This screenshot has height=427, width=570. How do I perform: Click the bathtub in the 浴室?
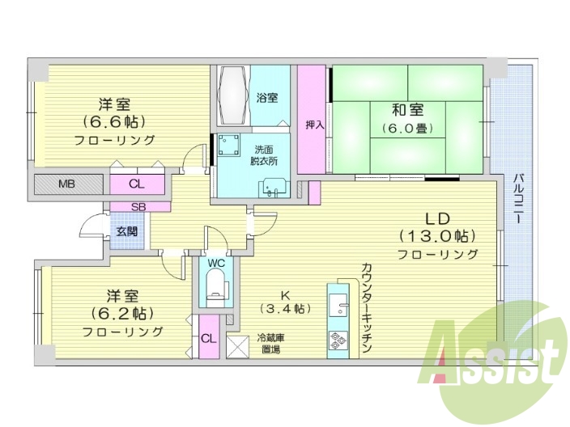tap(232, 94)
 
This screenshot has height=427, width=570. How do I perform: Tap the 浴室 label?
tap(267, 97)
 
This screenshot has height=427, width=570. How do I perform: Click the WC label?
tap(216, 263)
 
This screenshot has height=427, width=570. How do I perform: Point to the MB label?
tap(66, 184)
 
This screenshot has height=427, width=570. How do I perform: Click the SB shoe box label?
tap(138, 206)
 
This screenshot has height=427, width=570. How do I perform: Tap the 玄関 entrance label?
tap(125, 231)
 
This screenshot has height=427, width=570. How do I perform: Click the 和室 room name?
tap(407, 109)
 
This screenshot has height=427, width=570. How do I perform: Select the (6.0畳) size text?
tap(407, 128)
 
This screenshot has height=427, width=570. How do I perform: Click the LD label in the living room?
tap(437, 218)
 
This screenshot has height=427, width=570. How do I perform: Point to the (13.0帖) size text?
tap(437, 236)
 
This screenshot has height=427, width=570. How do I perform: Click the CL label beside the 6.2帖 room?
tap(208, 338)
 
